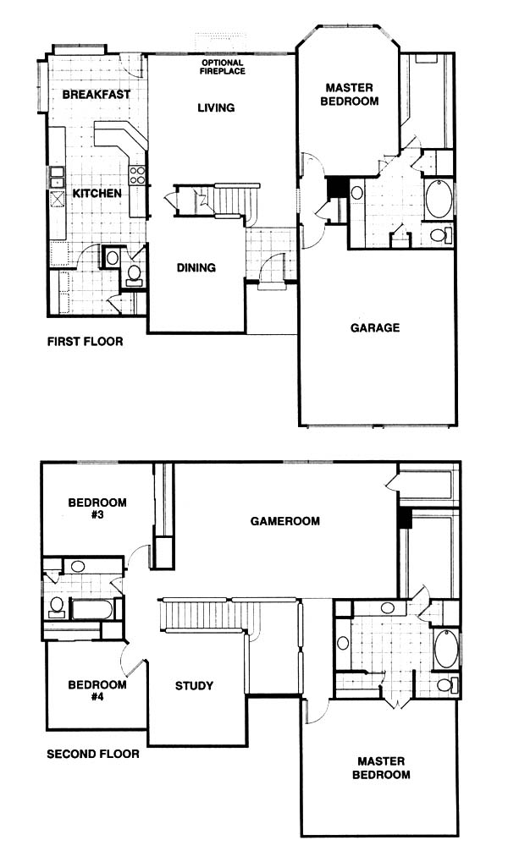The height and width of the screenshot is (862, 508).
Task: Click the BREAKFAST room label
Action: tap(97, 95)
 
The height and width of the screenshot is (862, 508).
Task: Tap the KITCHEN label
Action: tap(97, 194)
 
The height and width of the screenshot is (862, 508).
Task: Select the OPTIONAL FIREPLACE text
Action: tap(223, 67)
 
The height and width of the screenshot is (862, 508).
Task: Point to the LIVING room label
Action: tap(216, 107)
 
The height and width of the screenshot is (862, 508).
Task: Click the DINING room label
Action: tap(196, 268)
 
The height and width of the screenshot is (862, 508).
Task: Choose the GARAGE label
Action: tap(375, 328)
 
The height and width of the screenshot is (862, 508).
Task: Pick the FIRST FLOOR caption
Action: tap(86, 342)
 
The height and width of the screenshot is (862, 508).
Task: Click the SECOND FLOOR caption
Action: tap(93, 754)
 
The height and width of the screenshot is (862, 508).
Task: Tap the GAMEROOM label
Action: tap(285, 521)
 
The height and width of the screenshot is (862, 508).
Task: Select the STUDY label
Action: tap(194, 686)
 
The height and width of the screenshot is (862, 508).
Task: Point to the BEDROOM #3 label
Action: tap(97, 509)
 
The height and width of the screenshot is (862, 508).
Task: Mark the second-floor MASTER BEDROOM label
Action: tap(381, 769)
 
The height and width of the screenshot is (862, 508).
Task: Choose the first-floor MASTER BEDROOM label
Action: tap(350, 95)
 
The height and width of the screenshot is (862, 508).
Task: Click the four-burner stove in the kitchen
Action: tap(137, 175)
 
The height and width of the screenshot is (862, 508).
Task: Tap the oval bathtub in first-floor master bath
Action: tap(439, 199)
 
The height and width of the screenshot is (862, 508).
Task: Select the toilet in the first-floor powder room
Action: tap(134, 274)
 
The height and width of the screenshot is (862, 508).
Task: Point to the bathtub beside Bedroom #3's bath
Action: tap(92, 609)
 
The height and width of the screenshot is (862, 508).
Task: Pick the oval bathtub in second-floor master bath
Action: tap(446, 650)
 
